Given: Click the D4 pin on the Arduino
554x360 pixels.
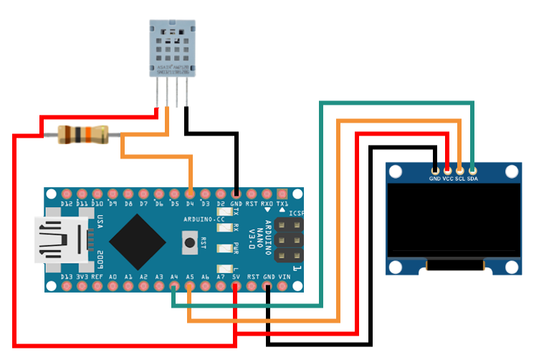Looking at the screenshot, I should [x=190, y=194].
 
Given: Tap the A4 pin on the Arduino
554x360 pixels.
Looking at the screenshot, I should [x=174, y=287].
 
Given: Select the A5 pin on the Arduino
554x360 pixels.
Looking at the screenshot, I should [x=189, y=287].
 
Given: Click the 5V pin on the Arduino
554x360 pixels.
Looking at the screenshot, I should [x=237, y=287].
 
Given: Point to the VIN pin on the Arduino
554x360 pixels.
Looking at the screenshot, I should [x=284, y=287].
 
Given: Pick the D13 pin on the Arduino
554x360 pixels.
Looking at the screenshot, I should [x=66, y=287].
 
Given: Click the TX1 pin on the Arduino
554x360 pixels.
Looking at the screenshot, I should [x=283, y=194].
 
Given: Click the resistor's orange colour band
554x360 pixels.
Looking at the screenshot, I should [x=85, y=133].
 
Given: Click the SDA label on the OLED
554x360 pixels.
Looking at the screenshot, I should [x=472, y=178].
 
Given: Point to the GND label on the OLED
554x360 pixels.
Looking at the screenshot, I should [x=435, y=178].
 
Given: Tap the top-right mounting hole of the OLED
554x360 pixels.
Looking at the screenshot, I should [x=510, y=172].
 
